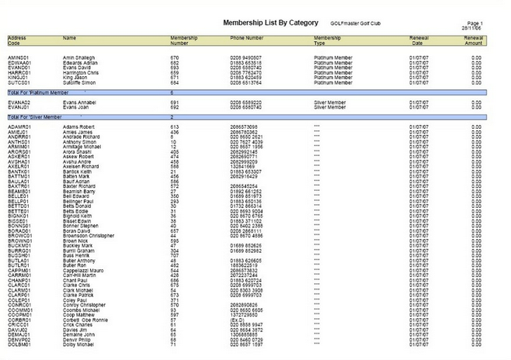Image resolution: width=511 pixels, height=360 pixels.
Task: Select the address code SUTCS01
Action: pyautogui.click(x=18, y=81)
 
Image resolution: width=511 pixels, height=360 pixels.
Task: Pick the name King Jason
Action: pyautogui.click(x=76, y=77)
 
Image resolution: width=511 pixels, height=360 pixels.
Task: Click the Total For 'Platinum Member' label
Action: pyautogui.click(x=39, y=92)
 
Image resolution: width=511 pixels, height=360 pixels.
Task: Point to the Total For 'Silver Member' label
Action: pyautogui.click(x=35, y=116)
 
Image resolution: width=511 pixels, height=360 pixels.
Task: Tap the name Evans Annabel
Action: pyautogui.click(x=79, y=102)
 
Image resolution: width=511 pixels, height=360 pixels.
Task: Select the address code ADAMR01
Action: pyautogui.click(x=19, y=126)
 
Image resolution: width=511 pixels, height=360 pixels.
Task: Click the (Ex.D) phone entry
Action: pyautogui.click(x=238, y=318)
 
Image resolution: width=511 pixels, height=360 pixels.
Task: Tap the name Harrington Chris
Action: pyautogui.click(x=83, y=72)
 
